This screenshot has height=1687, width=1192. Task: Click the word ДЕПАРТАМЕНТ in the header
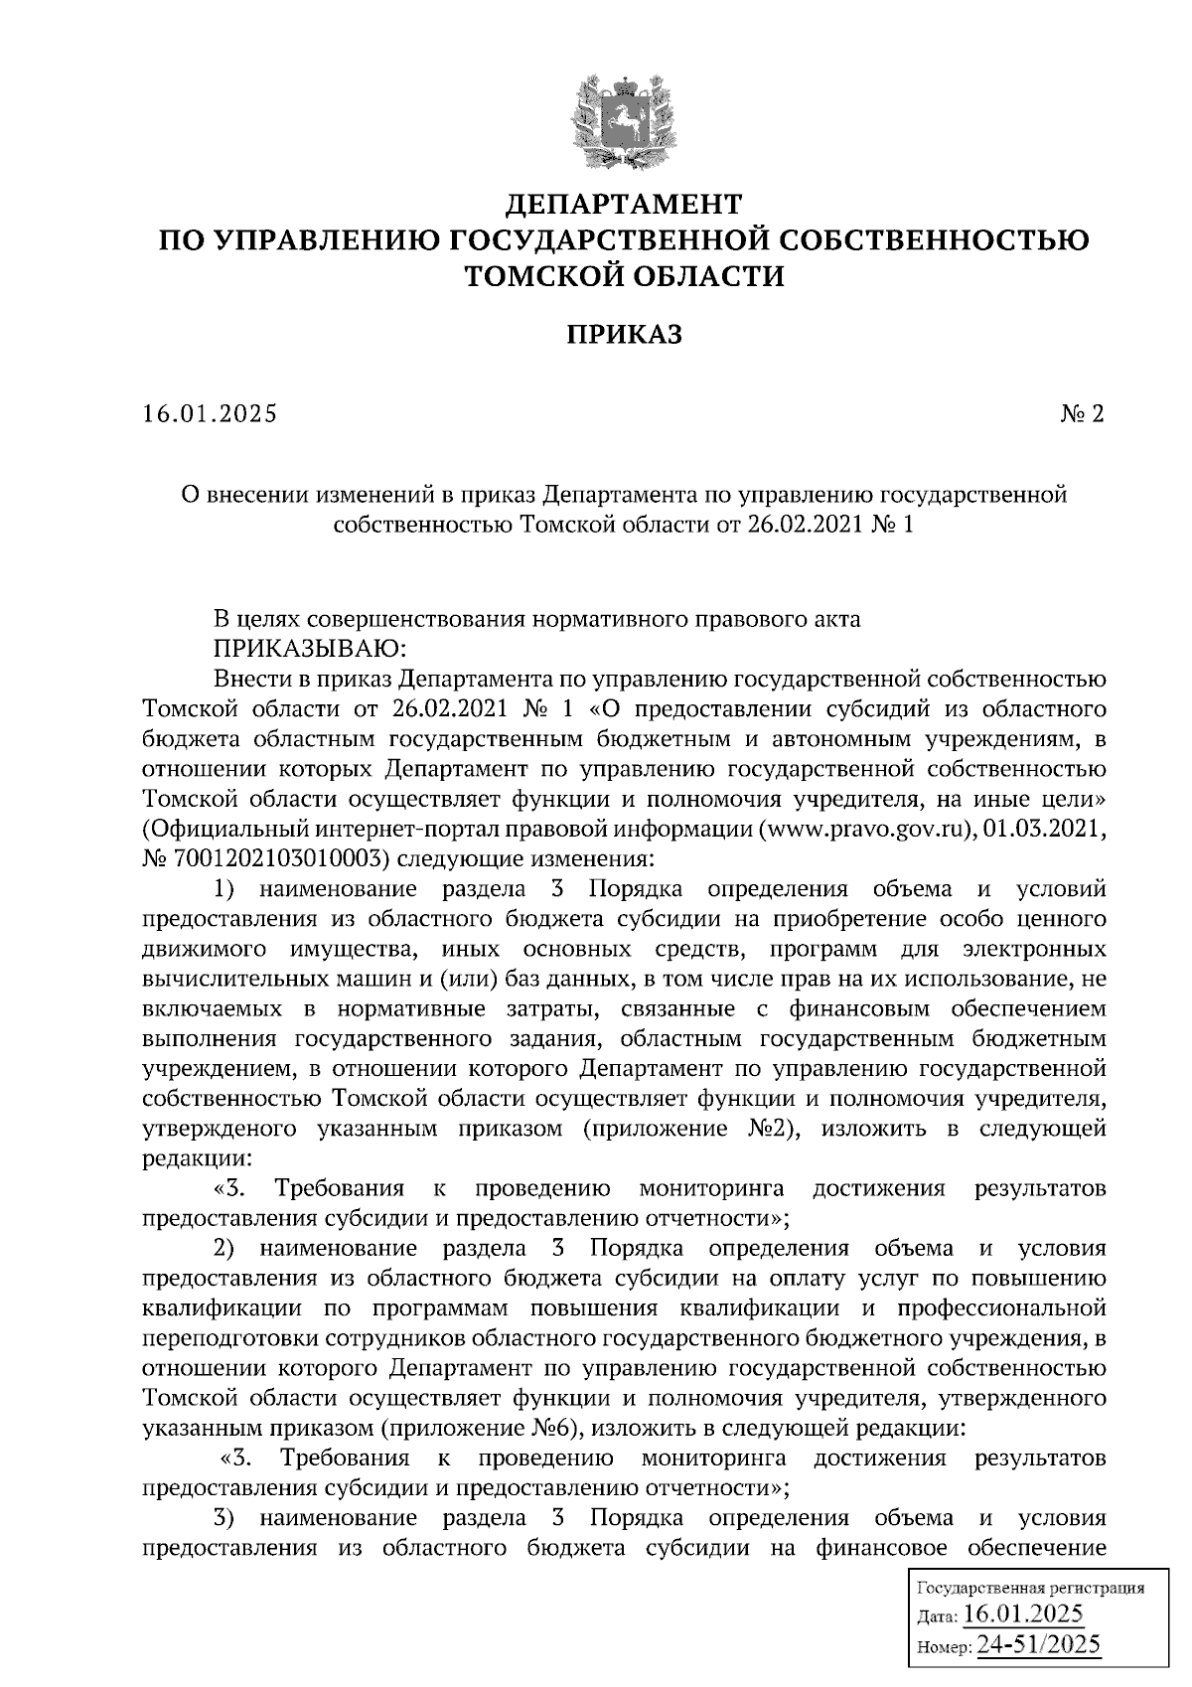(x=624, y=205)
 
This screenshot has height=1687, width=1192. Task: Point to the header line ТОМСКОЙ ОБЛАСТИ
(x=624, y=275)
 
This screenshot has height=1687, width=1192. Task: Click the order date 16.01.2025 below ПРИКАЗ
(x=210, y=413)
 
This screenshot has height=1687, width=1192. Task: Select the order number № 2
(x=1082, y=413)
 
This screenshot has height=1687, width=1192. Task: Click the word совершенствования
(x=416, y=619)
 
